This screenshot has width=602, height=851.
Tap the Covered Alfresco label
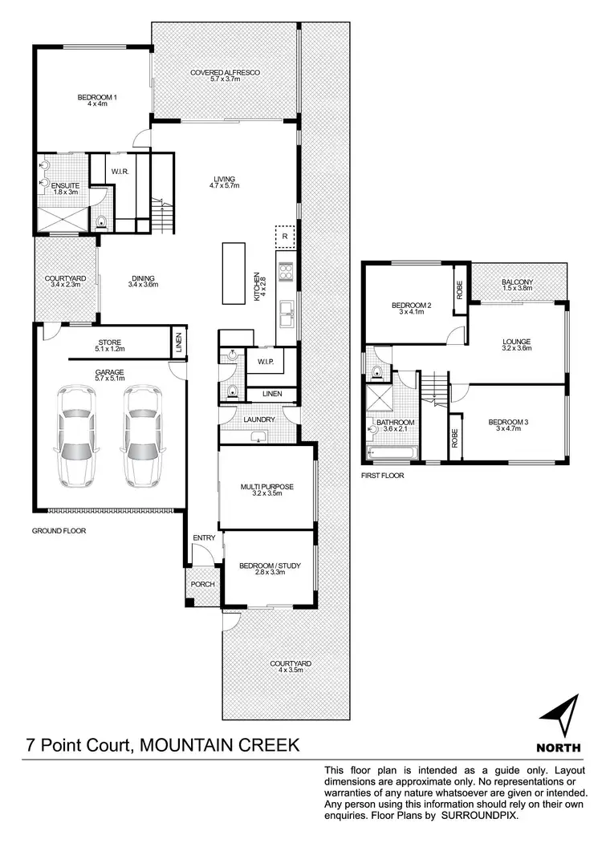tap(225, 73)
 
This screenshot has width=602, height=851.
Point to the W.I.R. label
tap(121, 171)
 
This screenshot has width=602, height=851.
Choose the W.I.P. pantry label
tap(266, 362)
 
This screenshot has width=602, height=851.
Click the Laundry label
tap(258, 419)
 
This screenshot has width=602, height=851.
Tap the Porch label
tap(202, 584)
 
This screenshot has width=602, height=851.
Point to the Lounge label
tap(517, 341)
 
